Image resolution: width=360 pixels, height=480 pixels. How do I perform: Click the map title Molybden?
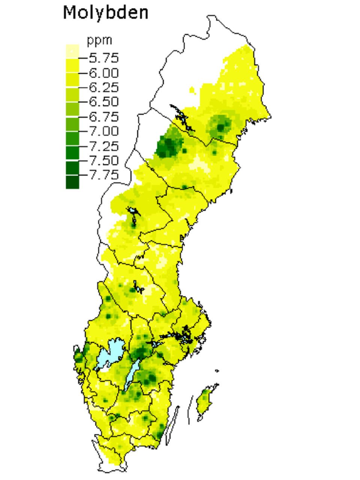pos(105,12)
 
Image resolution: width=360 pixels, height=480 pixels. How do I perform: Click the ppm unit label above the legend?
pos(99,40)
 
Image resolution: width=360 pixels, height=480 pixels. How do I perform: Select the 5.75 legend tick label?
pos(104,58)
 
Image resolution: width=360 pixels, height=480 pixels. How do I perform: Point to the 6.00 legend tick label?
pos(104,73)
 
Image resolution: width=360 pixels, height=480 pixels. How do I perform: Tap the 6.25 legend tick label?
pos(104,87)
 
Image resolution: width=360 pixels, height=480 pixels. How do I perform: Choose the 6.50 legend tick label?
pos(104,102)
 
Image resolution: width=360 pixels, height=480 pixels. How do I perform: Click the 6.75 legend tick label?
pos(104,117)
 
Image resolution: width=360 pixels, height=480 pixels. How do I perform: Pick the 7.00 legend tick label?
pos(104,131)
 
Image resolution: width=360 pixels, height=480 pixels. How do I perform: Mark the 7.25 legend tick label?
pos(104,146)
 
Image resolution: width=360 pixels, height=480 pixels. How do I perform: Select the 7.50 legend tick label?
pos(104,160)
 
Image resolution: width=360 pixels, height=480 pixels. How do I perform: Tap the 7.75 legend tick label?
pos(104,175)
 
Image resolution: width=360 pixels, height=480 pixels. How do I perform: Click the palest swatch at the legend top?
pos(72,50)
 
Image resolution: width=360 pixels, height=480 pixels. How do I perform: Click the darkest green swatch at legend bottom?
pos(72,183)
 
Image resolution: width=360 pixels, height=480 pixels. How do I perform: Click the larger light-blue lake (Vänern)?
pos(109,354)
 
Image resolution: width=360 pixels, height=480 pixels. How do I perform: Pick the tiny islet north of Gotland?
pos(217,371)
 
